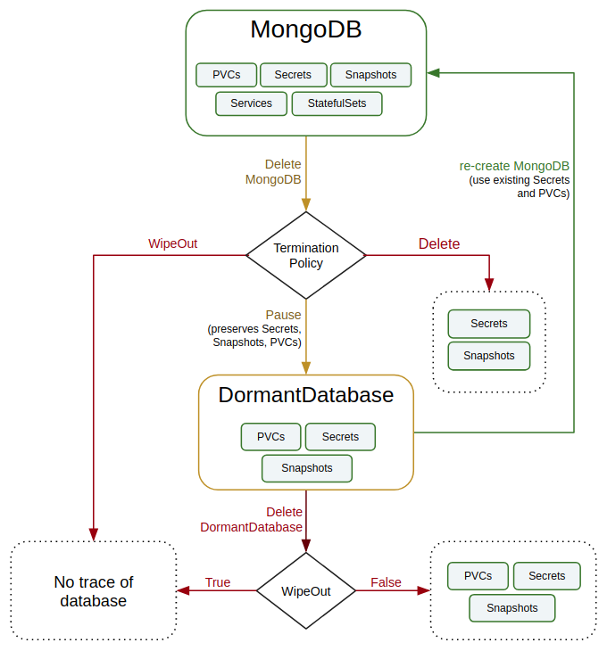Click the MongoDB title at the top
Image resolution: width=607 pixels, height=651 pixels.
pyautogui.click(x=305, y=29)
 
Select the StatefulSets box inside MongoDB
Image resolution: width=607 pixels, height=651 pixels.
pyautogui.click(x=337, y=103)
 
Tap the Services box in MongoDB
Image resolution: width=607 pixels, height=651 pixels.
pyautogui.click(x=251, y=103)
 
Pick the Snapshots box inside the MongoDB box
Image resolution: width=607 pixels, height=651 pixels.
pyautogui.click(x=370, y=75)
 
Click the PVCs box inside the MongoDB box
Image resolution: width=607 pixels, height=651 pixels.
pyautogui.click(x=226, y=75)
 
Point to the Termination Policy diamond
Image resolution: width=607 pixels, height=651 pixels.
pyautogui.click(x=306, y=255)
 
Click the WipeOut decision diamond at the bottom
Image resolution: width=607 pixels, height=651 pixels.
pyautogui.click(x=306, y=590)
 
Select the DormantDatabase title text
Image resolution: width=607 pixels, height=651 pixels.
pyautogui.click(x=306, y=395)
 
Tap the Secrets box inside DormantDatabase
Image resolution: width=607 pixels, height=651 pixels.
pyautogui.click(x=340, y=437)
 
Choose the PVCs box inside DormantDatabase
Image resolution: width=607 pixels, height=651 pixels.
pyautogui.click(x=270, y=437)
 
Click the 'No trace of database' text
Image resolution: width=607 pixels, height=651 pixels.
pyautogui.click(x=94, y=591)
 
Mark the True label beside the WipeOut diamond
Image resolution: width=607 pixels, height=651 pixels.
pyautogui.click(x=218, y=582)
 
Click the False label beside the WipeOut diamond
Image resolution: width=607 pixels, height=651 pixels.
pyautogui.click(x=386, y=582)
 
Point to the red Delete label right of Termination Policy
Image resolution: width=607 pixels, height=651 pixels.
pyautogui.click(x=439, y=243)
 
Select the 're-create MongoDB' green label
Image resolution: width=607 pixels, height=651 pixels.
pyautogui.click(x=514, y=166)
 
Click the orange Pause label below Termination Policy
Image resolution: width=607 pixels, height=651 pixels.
pyautogui.click(x=283, y=315)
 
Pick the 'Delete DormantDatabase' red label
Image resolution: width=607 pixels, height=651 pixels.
pyautogui.click(x=252, y=519)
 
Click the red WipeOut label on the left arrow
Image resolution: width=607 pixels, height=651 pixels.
pyautogui.click(x=172, y=243)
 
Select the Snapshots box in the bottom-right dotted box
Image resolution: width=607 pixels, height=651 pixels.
pyautogui.click(x=512, y=608)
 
